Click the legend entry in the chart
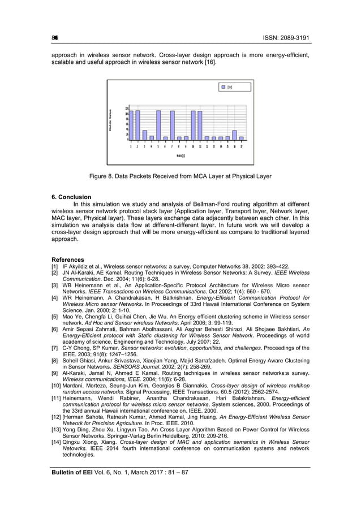[x=226, y=87]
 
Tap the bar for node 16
[x=234, y=135]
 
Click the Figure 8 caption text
[x=180, y=176]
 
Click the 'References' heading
[x=68, y=260]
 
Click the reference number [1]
[x=55, y=266]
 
